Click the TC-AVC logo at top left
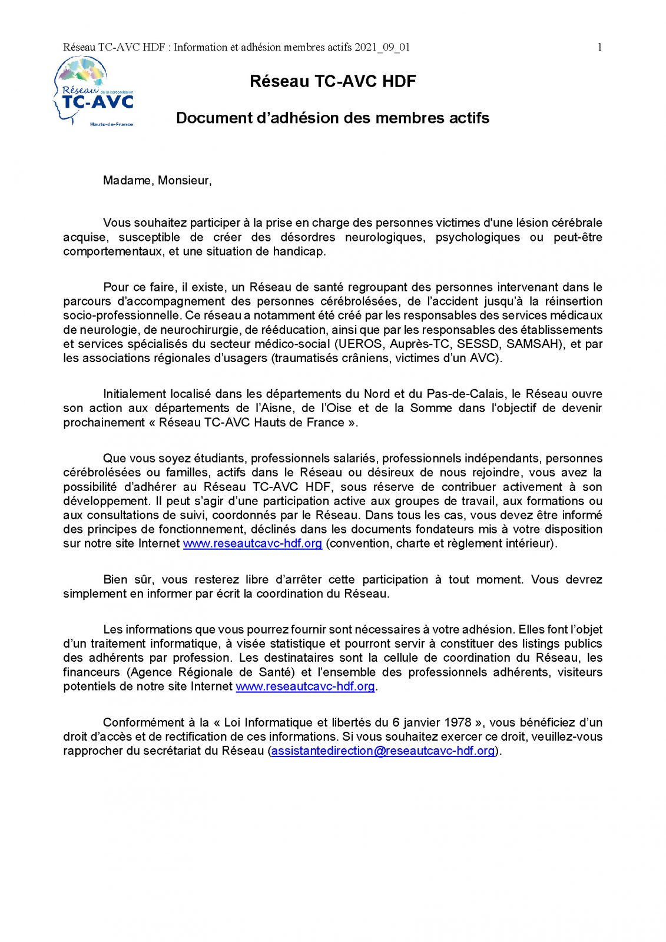tap(94, 91)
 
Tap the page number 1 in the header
tap(599, 48)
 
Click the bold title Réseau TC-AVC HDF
tap(333, 81)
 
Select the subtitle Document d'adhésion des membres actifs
tap(333, 118)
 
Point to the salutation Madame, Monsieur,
tap(157, 181)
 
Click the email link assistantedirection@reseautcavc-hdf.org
tap(383, 751)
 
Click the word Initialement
tap(135, 394)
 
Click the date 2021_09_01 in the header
tap(382, 48)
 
